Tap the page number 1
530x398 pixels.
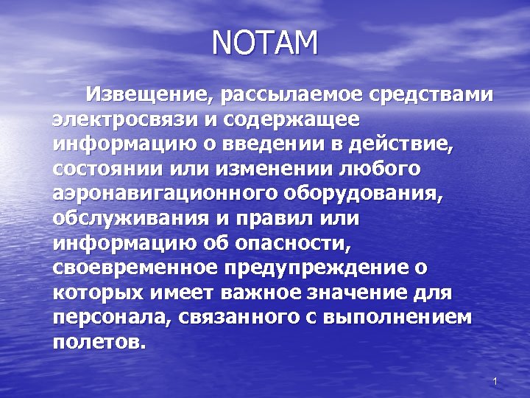[x=495, y=381]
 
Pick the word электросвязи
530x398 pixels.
[x=119, y=119]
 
